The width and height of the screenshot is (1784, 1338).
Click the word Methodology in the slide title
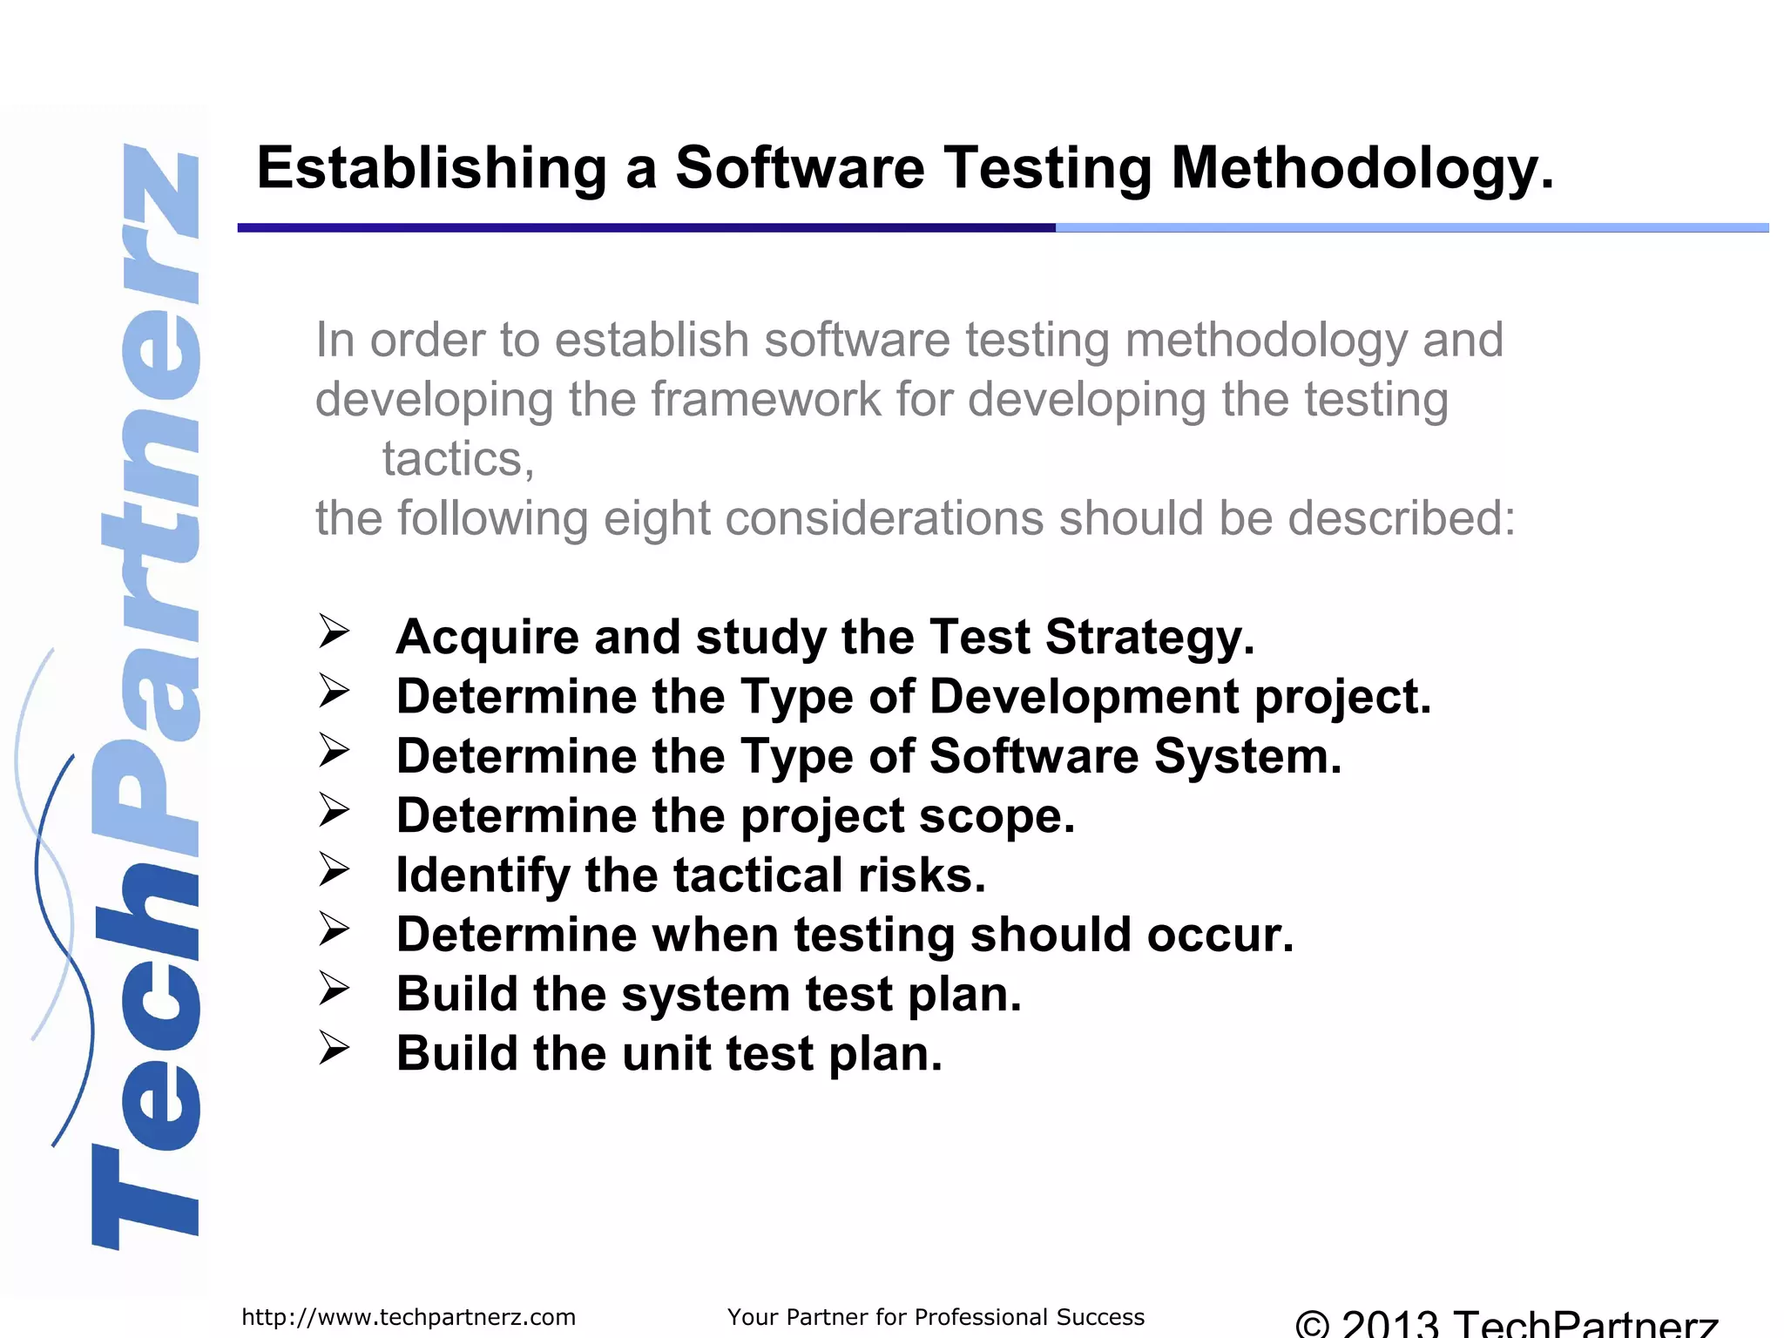(x=1362, y=168)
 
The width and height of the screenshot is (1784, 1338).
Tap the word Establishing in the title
(x=431, y=168)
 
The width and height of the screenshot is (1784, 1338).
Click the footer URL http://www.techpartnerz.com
(x=409, y=1317)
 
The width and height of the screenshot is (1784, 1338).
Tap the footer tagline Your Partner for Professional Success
(x=936, y=1317)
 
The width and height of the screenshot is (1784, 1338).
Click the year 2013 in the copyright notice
(x=1390, y=1324)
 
